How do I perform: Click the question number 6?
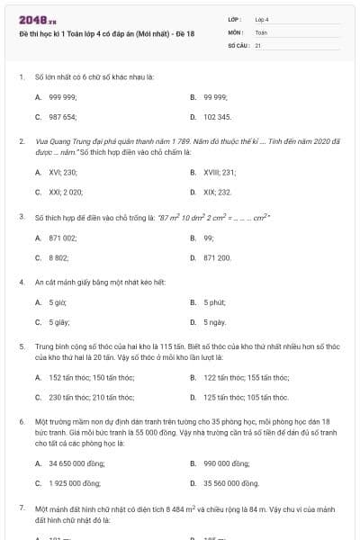pyautogui.click(x=21, y=421)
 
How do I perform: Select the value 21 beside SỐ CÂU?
pyautogui.click(x=258, y=44)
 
